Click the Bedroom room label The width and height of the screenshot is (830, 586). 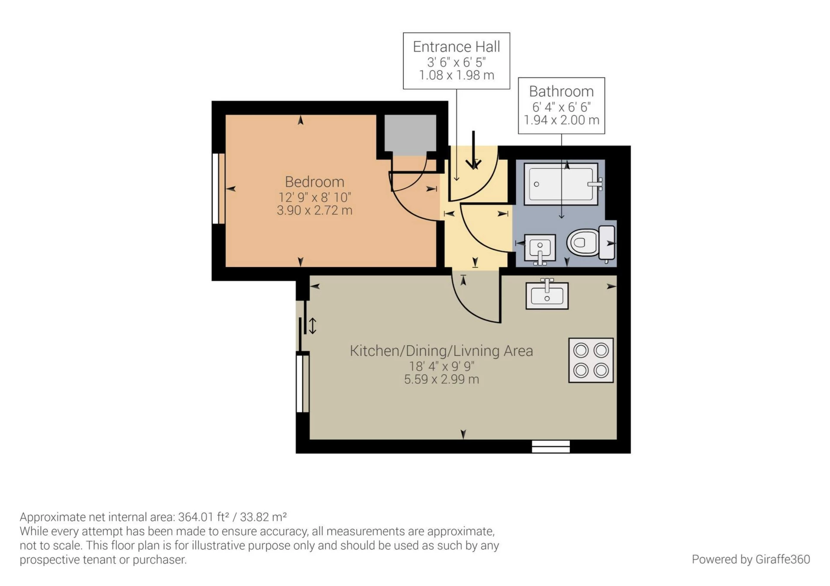[x=314, y=182]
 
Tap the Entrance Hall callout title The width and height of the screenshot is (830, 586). [x=456, y=47]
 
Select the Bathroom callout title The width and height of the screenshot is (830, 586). [x=561, y=92]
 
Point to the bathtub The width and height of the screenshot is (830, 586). [x=561, y=184]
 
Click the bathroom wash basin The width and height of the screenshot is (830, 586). [x=540, y=248]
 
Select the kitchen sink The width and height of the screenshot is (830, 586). [x=547, y=295]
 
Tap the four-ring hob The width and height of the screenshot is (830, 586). [x=591, y=360]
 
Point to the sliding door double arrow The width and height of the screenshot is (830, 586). [x=313, y=326]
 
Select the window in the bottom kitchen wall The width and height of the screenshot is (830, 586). [x=550, y=447]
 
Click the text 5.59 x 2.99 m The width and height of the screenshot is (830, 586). [x=441, y=380]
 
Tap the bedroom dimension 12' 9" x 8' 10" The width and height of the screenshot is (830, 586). [x=314, y=197]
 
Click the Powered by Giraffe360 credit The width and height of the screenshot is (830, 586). [x=750, y=559]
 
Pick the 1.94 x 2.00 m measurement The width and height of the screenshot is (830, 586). [x=561, y=120]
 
